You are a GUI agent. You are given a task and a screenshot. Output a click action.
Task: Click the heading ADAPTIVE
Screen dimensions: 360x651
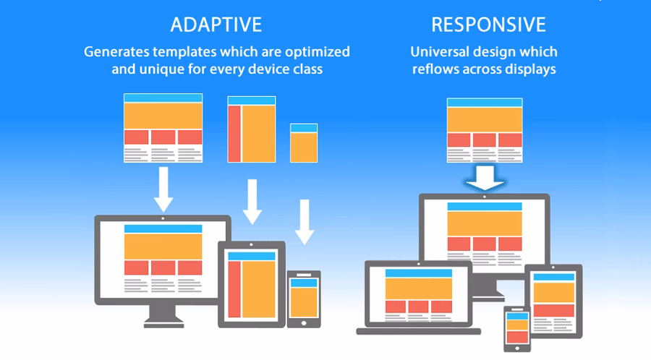pos(216,25)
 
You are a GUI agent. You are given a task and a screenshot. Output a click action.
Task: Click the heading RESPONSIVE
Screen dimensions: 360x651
pos(488,25)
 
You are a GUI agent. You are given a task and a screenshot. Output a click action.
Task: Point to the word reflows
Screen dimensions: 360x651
pos(437,69)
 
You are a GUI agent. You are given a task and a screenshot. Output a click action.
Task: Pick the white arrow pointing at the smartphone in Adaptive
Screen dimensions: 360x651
pos(305,221)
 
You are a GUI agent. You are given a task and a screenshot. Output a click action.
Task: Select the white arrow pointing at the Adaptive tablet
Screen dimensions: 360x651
pos(252,202)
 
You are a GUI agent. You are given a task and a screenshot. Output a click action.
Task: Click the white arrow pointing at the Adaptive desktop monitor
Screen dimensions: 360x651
pos(163,189)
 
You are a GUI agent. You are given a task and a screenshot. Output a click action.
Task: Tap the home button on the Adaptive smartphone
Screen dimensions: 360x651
pos(304,322)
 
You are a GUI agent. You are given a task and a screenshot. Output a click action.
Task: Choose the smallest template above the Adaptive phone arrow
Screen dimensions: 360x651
pos(304,142)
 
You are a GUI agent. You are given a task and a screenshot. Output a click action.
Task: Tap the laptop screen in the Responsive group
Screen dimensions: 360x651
pos(419,293)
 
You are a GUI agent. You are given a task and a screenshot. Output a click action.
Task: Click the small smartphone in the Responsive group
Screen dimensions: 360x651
pos(516,328)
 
